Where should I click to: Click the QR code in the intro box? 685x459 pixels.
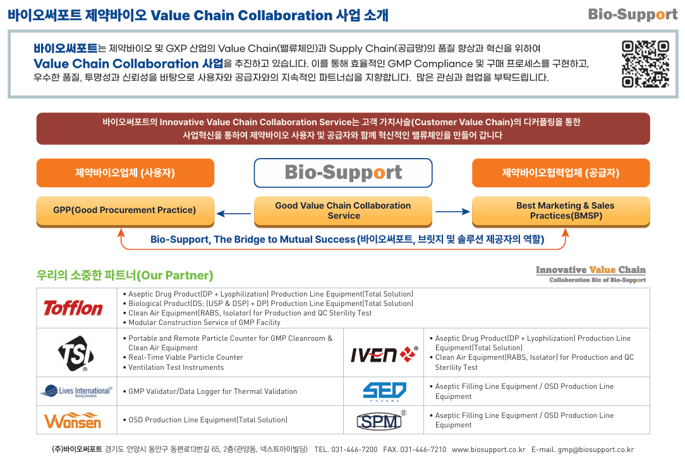[x=645, y=64]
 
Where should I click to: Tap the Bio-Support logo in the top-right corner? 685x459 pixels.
[x=633, y=14]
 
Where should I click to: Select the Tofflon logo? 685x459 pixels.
[x=73, y=308]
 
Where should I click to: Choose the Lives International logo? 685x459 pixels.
[x=76, y=391]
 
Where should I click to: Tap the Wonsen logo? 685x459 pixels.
[x=73, y=420]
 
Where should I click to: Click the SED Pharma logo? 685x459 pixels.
[x=384, y=391]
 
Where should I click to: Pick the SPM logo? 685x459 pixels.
[x=382, y=420]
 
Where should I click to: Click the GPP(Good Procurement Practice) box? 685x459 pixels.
[x=124, y=211]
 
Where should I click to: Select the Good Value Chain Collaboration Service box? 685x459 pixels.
[x=343, y=211]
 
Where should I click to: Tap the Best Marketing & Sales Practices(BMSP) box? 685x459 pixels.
[x=561, y=211]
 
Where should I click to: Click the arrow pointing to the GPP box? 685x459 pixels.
[x=234, y=213]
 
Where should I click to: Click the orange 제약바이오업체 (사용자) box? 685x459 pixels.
[x=124, y=173]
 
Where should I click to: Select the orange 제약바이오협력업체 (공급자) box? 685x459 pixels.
[x=561, y=173]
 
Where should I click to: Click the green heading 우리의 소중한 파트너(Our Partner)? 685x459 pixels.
[x=125, y=276]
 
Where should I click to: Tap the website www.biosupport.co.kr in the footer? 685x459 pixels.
[x=488, y=450]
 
